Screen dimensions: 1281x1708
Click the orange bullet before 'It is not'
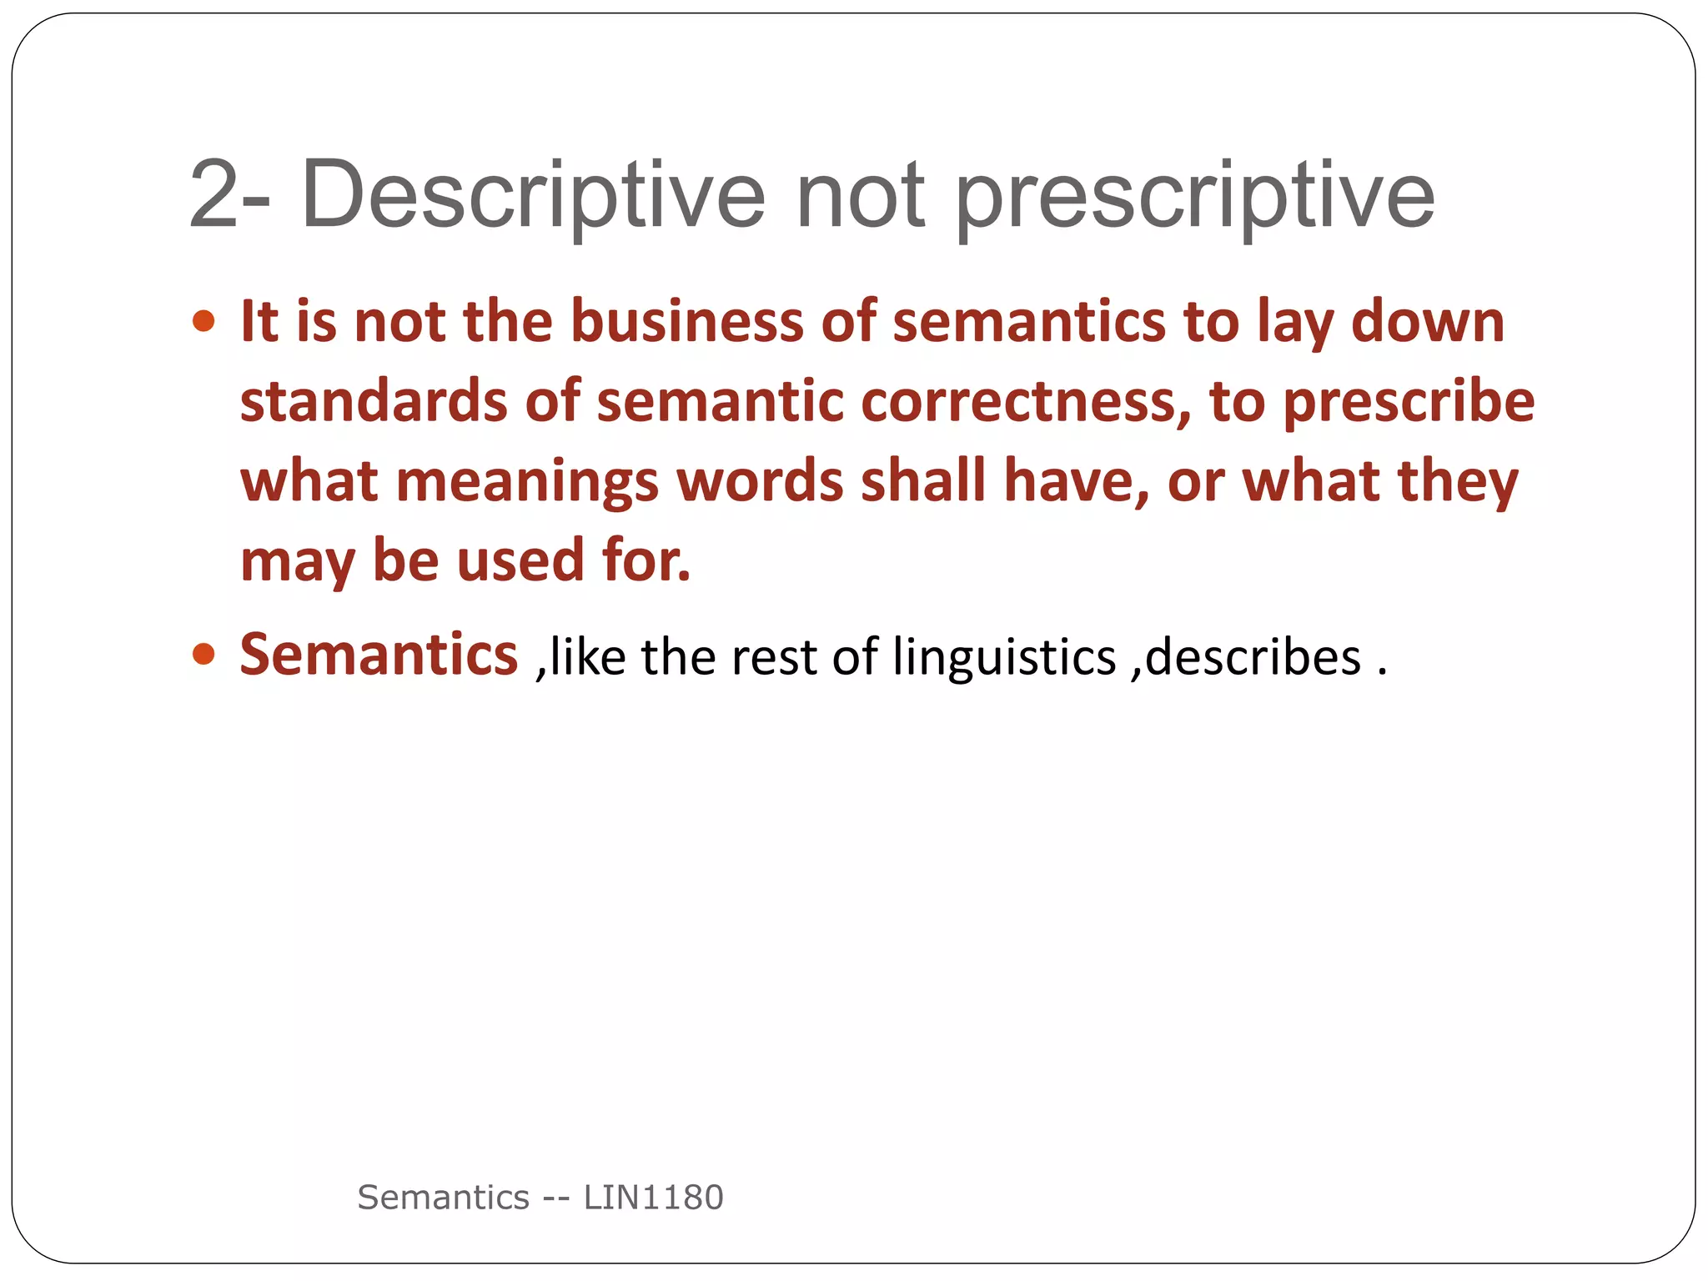tap(203, 321)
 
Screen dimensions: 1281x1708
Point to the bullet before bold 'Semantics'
tap(203, 654)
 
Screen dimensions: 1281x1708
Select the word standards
tap(373, 401)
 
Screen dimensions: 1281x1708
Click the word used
tap(520, 560)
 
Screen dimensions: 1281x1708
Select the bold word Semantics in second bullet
tap(379, 654)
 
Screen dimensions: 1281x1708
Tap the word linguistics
tap(1003, 657)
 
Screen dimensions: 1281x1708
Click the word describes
tap(1253, 656)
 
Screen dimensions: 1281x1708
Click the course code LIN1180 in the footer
tap(653, 1197)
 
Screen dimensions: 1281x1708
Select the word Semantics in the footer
tap(443, 1197)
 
